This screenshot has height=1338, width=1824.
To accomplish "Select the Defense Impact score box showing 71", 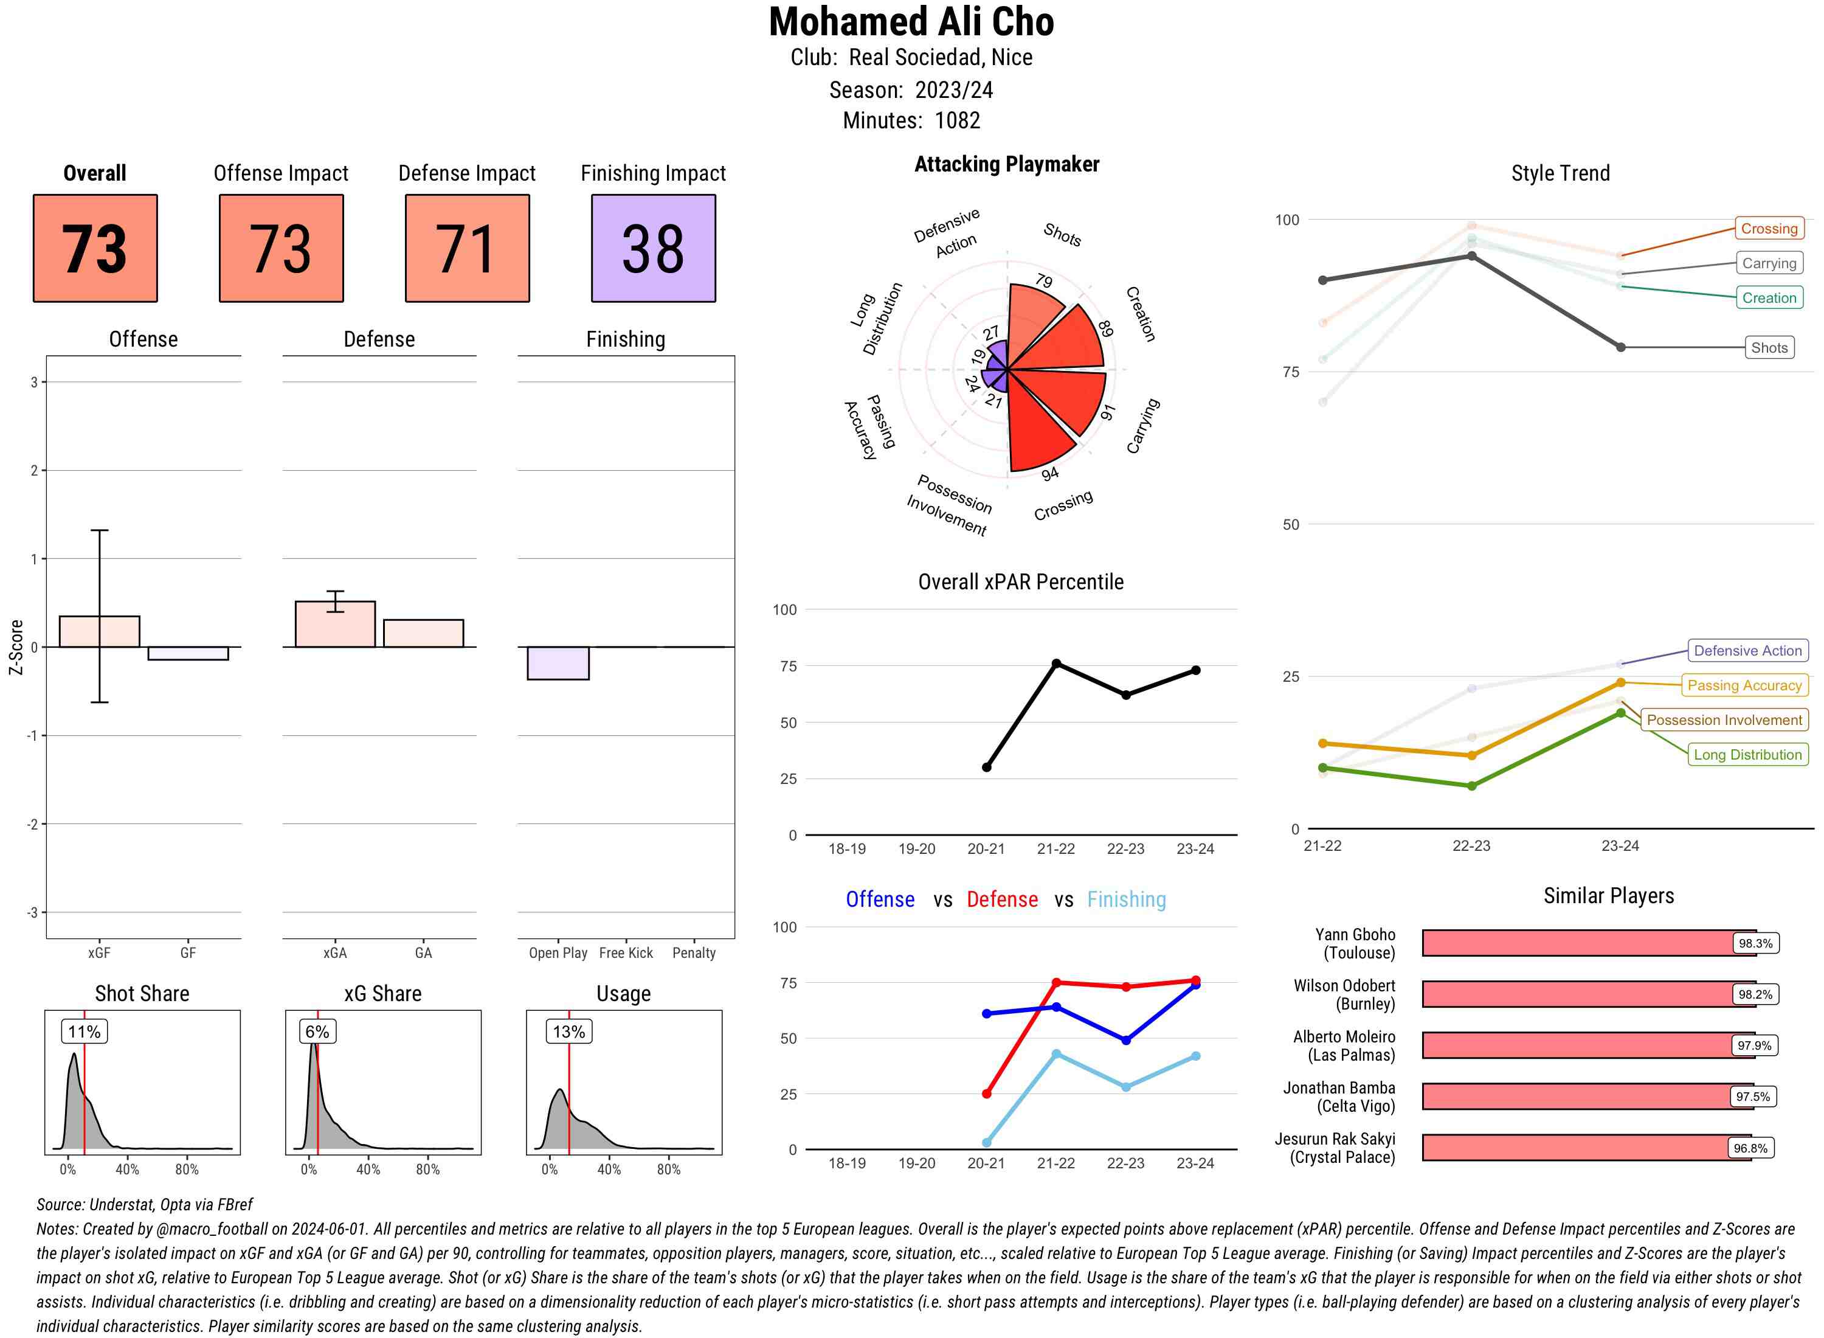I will coord(467,248).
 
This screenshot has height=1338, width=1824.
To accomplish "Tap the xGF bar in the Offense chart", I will coord(100,632).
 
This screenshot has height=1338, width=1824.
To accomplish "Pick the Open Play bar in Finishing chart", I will coord(558,662).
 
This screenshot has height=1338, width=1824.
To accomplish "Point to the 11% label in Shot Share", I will coord(84,1032).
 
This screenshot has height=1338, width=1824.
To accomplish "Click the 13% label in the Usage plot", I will coord(568,1032).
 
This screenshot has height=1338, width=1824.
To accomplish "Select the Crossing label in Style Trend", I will coord(1768,229).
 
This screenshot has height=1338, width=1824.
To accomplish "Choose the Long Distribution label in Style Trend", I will coord(1747,755).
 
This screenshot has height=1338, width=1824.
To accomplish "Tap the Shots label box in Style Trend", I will coord(1768,347).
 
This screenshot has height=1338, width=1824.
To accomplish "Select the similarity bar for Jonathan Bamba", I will coord(1587,1097).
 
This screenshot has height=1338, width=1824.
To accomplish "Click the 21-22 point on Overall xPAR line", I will coord(1055,664).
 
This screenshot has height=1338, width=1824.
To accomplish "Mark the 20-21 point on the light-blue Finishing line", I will coord(986,1143).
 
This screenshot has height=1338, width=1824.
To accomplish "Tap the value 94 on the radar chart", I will coord(1050,474).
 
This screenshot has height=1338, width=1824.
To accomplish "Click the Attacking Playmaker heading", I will coord(1006,164).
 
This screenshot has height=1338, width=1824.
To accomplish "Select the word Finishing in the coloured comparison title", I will coord(1126,900).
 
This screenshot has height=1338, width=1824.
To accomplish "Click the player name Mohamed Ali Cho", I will coord(911,22).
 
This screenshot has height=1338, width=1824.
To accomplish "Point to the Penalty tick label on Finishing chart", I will coord(694,953).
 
